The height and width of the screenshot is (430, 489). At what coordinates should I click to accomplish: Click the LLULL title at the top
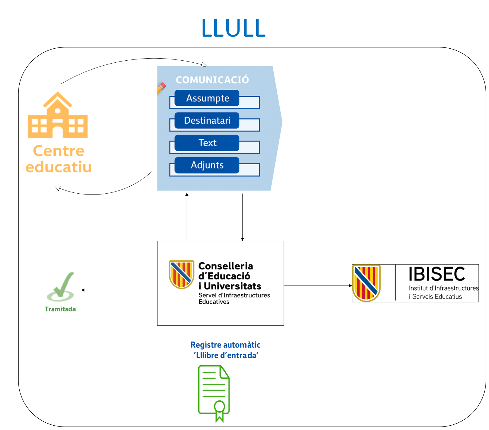tap(234, 28)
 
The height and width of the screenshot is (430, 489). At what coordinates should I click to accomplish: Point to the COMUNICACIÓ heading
tap(212, 80)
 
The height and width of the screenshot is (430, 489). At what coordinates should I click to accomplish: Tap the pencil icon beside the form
tap(161, 88)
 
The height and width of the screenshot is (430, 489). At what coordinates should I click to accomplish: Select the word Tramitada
tap(60, 309)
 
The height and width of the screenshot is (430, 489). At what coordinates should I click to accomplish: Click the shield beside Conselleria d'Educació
tap(181, 274)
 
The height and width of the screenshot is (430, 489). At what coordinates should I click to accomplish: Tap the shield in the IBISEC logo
tap(366, 283)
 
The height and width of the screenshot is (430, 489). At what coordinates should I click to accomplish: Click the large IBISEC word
tap(437, 274)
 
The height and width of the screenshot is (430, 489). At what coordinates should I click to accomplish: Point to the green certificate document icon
tap(214, 390)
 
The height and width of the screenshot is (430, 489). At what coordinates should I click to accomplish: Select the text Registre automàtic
tap(225, 345)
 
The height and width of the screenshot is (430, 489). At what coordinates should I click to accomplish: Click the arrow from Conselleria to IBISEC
tap(318, 286)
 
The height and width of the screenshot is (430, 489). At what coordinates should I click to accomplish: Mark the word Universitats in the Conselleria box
tap(232, 286)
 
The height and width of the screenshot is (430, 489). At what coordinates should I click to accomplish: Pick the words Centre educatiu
tap(59, 159)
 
